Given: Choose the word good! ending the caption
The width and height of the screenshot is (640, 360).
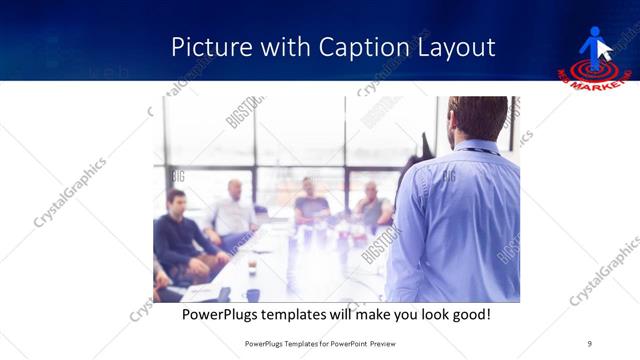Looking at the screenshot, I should pyautogui.click(x=469, y=315).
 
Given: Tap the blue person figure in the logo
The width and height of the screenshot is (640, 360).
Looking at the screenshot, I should pyautogui.click(x=594, y=45).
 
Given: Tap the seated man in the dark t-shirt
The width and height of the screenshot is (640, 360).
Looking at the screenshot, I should pyautogui.click(x=311, y=204).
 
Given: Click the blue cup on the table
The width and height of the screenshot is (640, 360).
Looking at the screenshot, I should pyautogui.click(x=253, y=295).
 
